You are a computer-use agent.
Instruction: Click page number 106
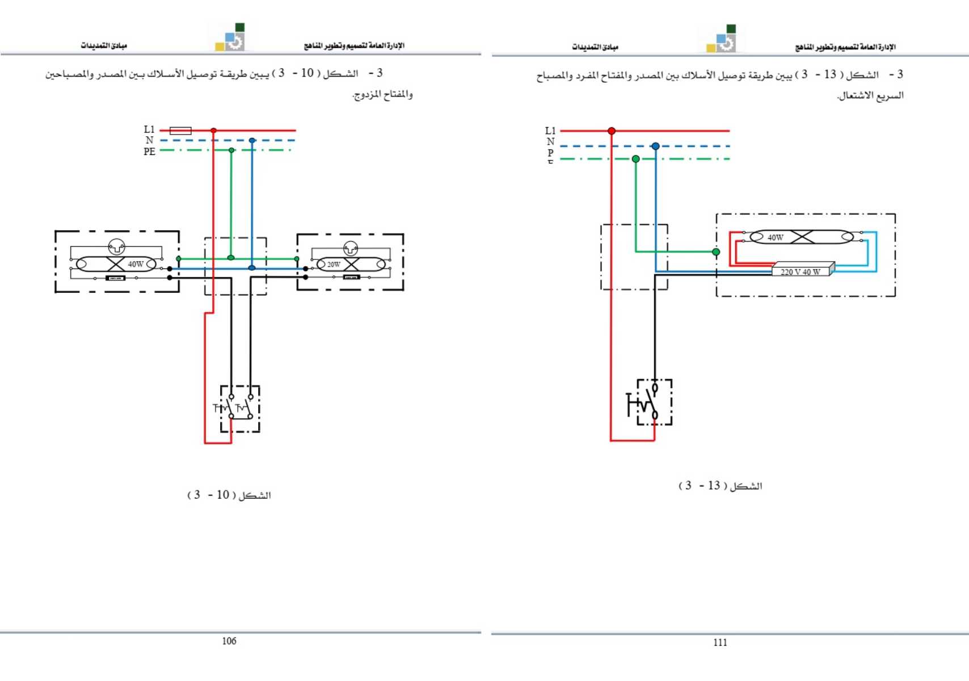pos(229,641)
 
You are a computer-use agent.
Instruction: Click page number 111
pos(720,642)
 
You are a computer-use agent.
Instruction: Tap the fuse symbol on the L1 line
pos(180,131)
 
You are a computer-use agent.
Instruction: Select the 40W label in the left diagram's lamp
pos(136,264)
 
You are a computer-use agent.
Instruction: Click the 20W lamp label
pos(334,264)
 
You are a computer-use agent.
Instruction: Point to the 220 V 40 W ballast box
pos(801,271)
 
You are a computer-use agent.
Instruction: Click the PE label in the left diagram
pos(149,152)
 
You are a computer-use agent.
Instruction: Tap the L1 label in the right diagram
pos(550,131)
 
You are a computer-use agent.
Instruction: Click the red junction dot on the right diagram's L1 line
pos(612,131)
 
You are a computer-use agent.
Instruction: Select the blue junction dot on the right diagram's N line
pos(655,146)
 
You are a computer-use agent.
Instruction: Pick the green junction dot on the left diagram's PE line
pos(231,150)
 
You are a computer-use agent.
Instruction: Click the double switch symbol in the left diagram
pos(240,408)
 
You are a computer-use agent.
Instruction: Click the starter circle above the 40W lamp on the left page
pos(116,246)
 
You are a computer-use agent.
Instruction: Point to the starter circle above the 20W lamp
pos(351,248)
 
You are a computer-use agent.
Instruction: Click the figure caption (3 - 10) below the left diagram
pos(229,495)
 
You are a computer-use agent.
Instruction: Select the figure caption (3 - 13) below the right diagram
pos(720,486)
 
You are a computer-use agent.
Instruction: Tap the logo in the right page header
pos(723,39)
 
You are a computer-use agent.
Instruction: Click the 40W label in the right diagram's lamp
pos(775,237)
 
